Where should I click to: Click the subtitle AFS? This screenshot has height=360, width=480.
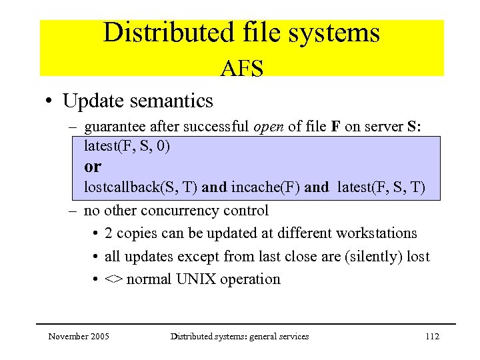pos(242,68)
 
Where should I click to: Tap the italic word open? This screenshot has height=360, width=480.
pos(271,127)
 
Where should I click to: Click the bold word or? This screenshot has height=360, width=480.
pos(93,166)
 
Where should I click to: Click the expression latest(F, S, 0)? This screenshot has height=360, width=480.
pos(127,146)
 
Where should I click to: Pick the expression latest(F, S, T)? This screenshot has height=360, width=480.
pos(381,187)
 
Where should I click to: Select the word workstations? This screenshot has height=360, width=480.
pos(377,233)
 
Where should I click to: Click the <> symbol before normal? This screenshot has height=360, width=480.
pos(113,279)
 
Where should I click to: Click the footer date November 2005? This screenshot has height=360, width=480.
pos(79,337)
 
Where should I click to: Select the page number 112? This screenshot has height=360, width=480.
pos(432,337)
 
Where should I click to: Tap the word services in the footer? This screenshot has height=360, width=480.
pos(292,337)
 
